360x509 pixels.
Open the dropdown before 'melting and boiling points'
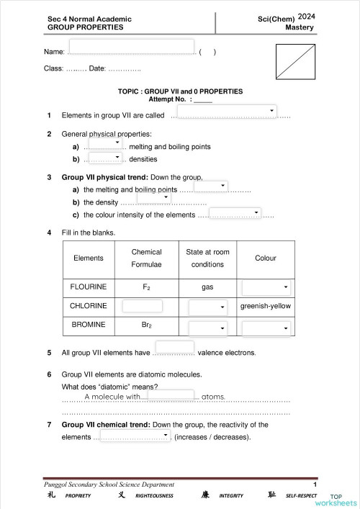pyautogui.click(x=106, y=143)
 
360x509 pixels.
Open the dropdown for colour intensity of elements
pyautogui.click(x=235, y=212)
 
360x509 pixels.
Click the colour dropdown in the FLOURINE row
pyautogui.click(x=266, y=287)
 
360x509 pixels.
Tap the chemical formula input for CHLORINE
pyautogui.click(x=143, y=306)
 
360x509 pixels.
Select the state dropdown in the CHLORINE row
pyautogui.click(x=208, y=307)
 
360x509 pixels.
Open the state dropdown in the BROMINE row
pyautogui.click(x=208, y=328)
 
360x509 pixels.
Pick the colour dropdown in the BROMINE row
pyautogui.click(x=266, y=328)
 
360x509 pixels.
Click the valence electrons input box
pyautogui.click(x=174, y=348)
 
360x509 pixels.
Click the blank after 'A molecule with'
pyautogui.click(x=171, y=395)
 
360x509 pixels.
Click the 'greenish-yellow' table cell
pyautogui.click(x=266, y=306)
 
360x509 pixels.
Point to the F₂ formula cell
pyautogui.click(x=146, y=287)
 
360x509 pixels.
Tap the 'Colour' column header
pyautogui.click(x=266, y=258)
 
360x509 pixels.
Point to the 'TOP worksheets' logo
pyautogui.click(x=341, y=500)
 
